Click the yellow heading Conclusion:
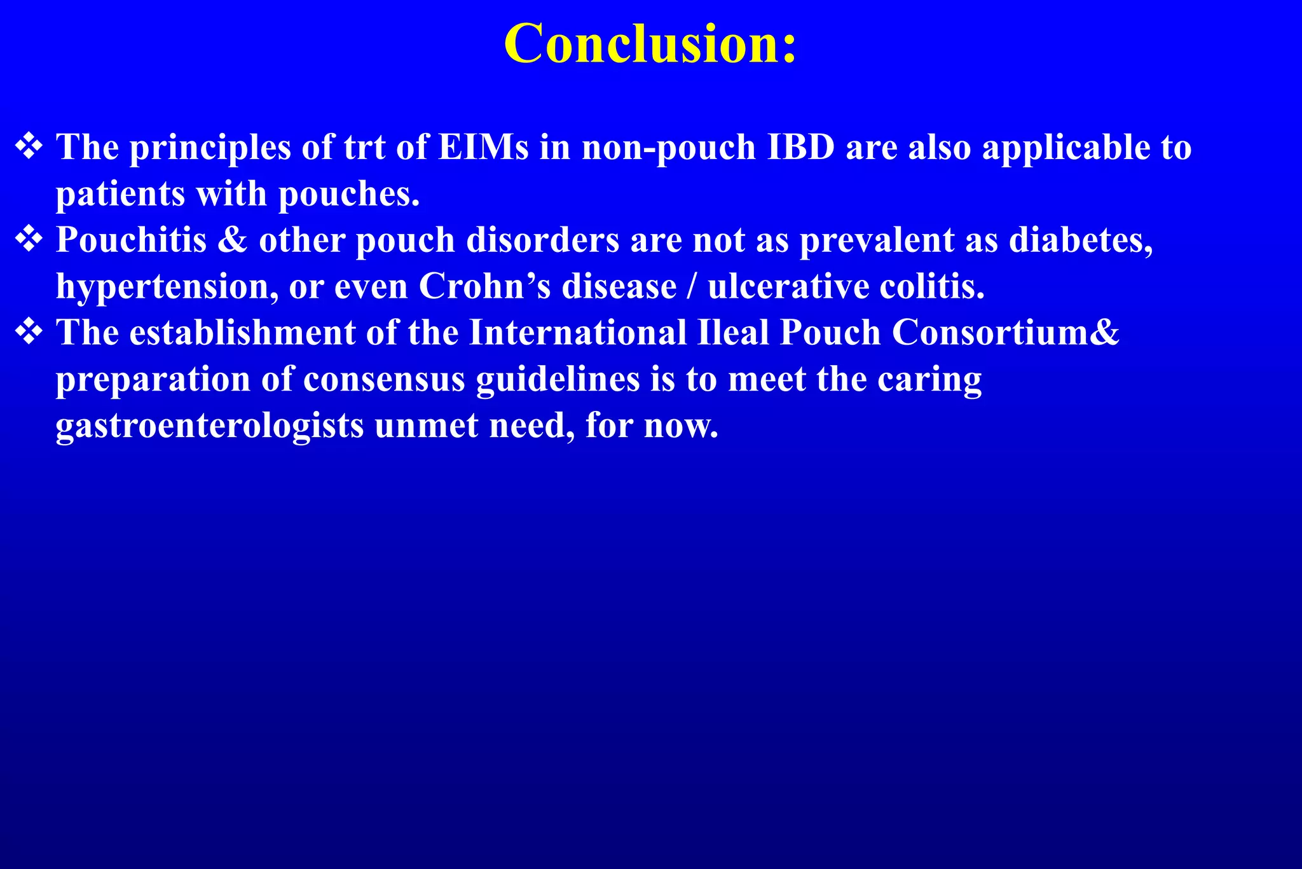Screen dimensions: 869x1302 (650, 45)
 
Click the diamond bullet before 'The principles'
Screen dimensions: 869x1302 (29, 146)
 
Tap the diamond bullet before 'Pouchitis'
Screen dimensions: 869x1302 (29, 240)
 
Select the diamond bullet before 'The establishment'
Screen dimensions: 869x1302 (29, 332)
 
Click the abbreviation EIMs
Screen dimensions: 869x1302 (483, 148)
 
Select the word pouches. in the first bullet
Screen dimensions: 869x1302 (349, 194)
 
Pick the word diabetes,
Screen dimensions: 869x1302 (1081, 240)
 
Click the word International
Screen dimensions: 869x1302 (578, 333)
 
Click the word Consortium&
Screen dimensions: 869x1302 (1005, 333)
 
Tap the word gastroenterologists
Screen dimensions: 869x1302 (210, 426)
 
